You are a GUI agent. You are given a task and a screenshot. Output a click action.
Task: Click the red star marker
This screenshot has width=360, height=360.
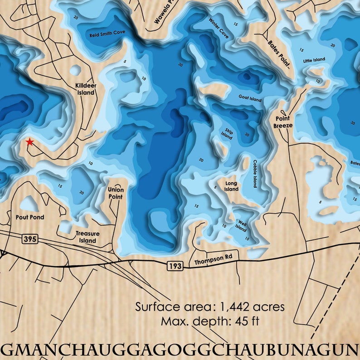tap(29, 142)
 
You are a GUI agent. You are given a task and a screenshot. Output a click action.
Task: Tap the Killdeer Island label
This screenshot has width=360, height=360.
tap(85, 89)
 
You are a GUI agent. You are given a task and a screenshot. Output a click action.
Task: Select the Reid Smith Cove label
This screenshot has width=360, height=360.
tap(107, 34)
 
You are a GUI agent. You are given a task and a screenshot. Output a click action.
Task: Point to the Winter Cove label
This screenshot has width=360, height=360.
tap(219, 28)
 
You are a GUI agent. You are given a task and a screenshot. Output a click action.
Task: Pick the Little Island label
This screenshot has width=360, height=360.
tap(314, 60)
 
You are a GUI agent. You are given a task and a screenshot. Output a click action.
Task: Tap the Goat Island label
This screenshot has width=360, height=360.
tap(250, 97)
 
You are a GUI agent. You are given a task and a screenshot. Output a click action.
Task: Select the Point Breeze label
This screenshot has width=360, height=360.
tap(283, 122)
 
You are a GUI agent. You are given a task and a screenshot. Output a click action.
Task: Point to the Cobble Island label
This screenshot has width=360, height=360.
tap(255, 174)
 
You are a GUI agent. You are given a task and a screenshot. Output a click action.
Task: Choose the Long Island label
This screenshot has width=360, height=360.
tap(231, 186)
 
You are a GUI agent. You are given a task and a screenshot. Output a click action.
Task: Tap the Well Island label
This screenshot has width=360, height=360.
tap(241, 225)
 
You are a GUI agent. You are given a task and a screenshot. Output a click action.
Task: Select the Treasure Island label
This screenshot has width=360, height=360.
tap(88, 237)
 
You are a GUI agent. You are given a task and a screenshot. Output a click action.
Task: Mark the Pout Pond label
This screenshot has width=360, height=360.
tap(30, 217)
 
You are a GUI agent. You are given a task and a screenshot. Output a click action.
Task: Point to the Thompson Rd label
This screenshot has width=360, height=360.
tap(210, 262)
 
